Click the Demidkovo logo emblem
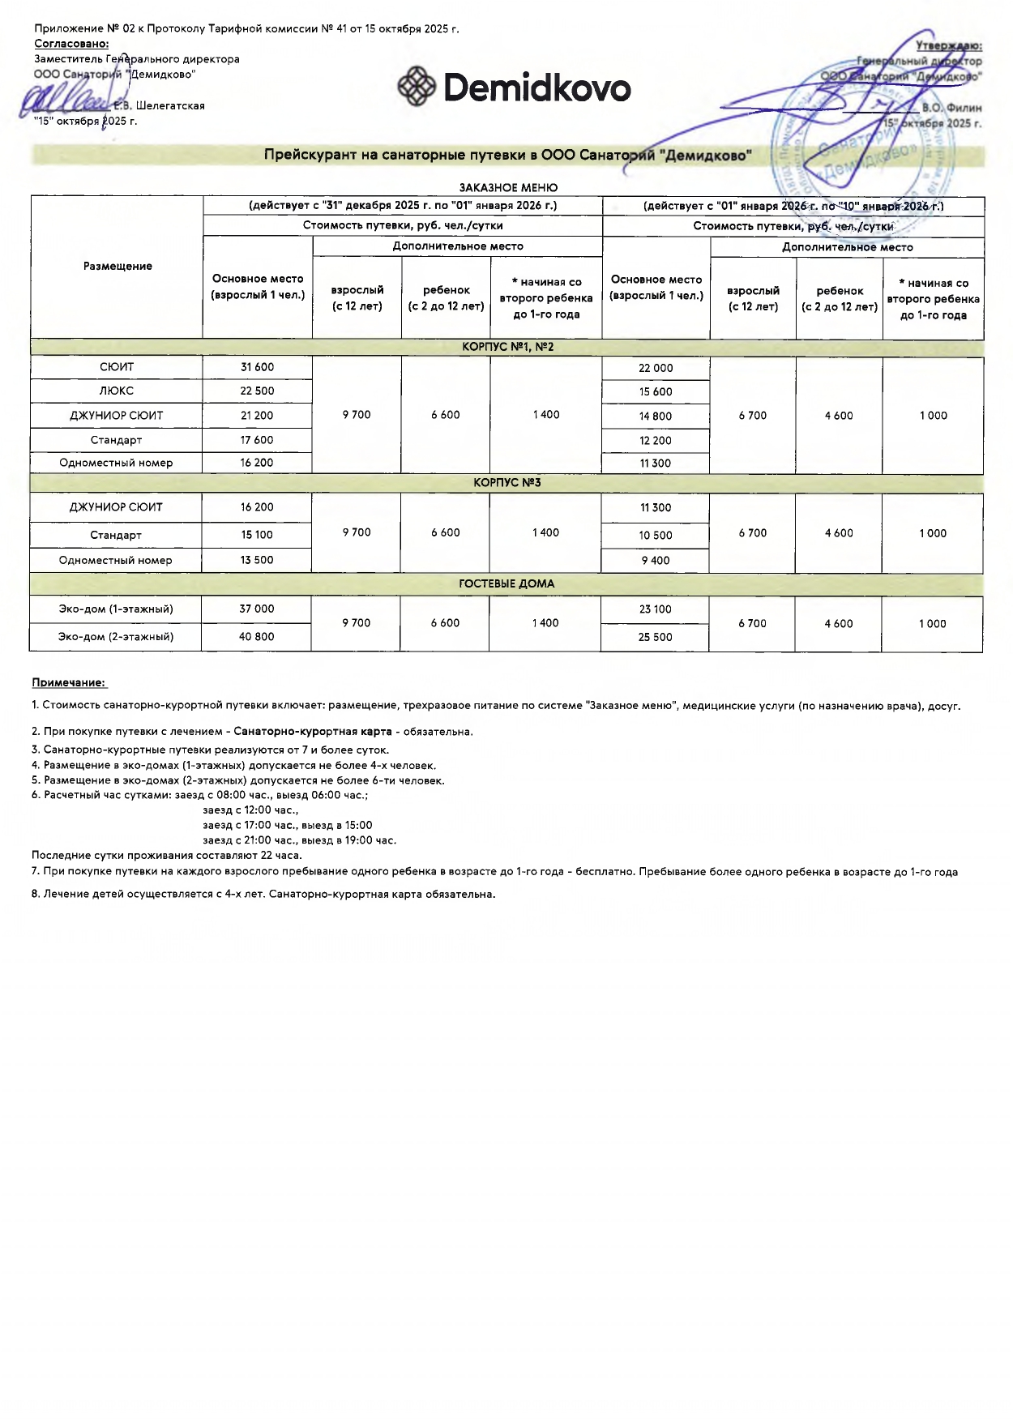(x=417, y=86)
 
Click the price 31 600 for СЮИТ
(x=257, y=367)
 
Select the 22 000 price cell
(x=656, y=368)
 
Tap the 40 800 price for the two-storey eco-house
(x=256, y=637)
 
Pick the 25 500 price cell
(x=655, y=637)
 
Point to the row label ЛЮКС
(x=117, y=391)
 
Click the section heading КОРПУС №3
(x=506, y=483)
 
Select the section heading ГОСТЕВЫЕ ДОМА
(x=506, y=583)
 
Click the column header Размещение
(x=118, y=267)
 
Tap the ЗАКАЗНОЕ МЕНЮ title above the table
(x=508, y=187)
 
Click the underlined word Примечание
(x=69, y=683)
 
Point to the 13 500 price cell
(x=257, y=560)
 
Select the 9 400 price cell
(x=656, y=561)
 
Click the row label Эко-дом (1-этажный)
(x=116, y=609)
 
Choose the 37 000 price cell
(x=257, y=609)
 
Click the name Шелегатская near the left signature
(x=170, y=106)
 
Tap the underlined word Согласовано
(x=71, y=44)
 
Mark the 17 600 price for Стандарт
(x=257, y=440)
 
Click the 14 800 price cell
(x=656, y=417)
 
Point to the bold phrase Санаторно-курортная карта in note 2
(x=313, y=732)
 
